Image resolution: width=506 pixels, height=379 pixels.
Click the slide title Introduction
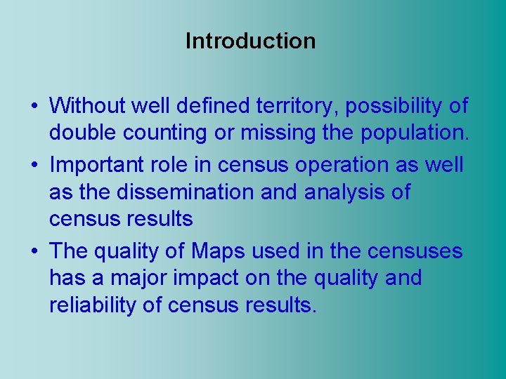click(x=250, y=41)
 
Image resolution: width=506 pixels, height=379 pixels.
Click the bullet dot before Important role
click(x=34, y=166)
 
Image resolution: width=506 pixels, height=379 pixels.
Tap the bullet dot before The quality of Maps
click(x=34, y=251)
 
